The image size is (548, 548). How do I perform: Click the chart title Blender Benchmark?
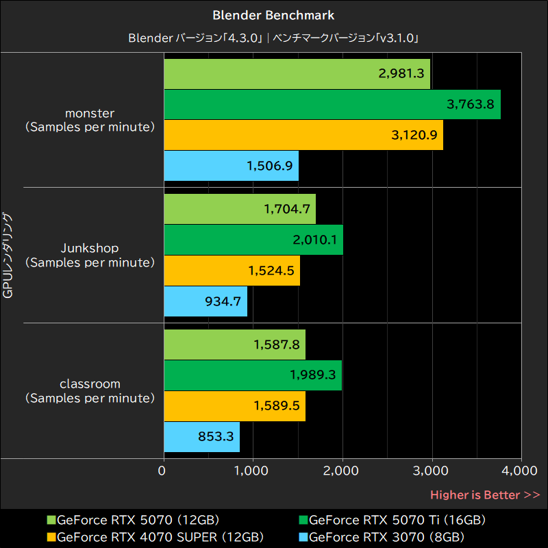pos(273,14)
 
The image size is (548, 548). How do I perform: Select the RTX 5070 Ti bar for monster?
pos(332,104)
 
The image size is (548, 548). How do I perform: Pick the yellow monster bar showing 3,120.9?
pos(303,134)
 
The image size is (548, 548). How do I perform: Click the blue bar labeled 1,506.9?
pos(232,165)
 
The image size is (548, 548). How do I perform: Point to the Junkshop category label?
pos(89,255)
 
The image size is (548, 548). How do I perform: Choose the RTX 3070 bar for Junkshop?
pos(206,301)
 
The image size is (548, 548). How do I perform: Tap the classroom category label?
pos(89,390)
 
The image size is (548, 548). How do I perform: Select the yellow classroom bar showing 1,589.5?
pos(234,406)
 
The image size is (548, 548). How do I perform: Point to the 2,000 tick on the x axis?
pos(342,471)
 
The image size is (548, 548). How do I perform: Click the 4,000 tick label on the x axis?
pos(521,471)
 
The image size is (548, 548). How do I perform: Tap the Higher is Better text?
pos(484,495)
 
